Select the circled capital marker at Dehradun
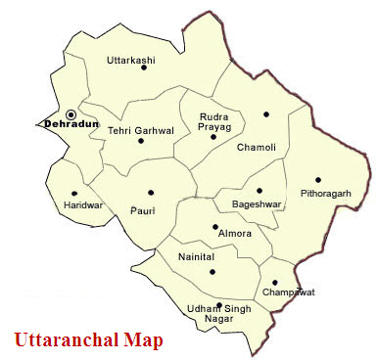71,114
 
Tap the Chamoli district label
257,147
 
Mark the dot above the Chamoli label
265,114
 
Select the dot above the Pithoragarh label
317,180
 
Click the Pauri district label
143,208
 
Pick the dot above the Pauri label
150,193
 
